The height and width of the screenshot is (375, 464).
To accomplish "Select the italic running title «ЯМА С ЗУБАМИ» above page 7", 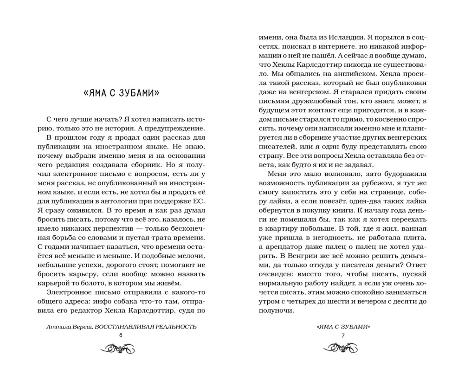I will (x=343, y=326).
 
